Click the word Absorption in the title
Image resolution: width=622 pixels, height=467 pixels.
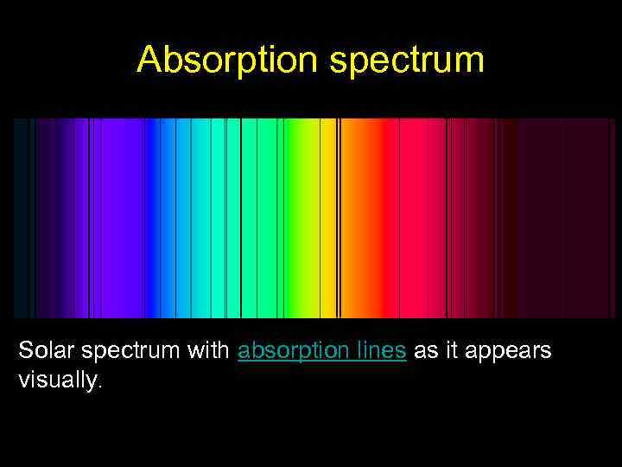(x=224, y=59)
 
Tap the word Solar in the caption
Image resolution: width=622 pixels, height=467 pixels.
(x=42, y=351)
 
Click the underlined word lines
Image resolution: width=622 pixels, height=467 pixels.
(x=382, y=351)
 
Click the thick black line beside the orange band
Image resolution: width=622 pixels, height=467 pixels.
(x=339, y=216)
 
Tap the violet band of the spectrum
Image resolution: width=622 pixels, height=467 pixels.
(x=121, y=216)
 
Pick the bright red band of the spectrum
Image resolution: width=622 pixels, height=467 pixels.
(x=422, y=216)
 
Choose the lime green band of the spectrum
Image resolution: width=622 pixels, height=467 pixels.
(x=298, y=216)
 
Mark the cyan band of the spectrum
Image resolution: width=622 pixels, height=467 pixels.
(x=200, y=216)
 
